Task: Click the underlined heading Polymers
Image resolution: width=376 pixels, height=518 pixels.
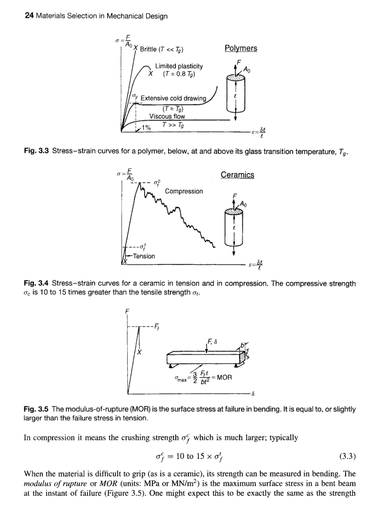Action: [241, 48]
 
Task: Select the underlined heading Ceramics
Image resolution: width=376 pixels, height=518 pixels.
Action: [237, 175]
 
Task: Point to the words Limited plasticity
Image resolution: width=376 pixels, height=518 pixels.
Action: [179, 67]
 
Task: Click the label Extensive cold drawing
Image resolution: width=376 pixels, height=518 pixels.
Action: [176, 98]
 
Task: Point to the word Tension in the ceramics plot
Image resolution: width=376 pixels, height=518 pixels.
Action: [143, 256]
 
